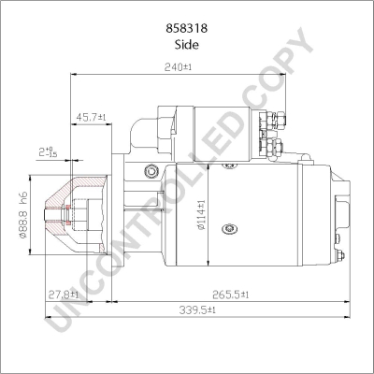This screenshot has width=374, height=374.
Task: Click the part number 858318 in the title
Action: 186,28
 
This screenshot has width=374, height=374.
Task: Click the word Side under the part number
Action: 186,45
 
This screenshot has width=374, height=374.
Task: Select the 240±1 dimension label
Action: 178,66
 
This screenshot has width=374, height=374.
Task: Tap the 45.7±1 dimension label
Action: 91,117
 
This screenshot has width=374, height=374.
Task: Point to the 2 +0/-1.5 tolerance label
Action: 48,152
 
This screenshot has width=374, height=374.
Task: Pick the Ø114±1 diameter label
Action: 201,215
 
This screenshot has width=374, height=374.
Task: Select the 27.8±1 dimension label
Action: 64,294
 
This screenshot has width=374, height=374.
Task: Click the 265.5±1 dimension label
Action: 231,294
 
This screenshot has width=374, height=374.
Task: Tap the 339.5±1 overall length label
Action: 197,309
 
